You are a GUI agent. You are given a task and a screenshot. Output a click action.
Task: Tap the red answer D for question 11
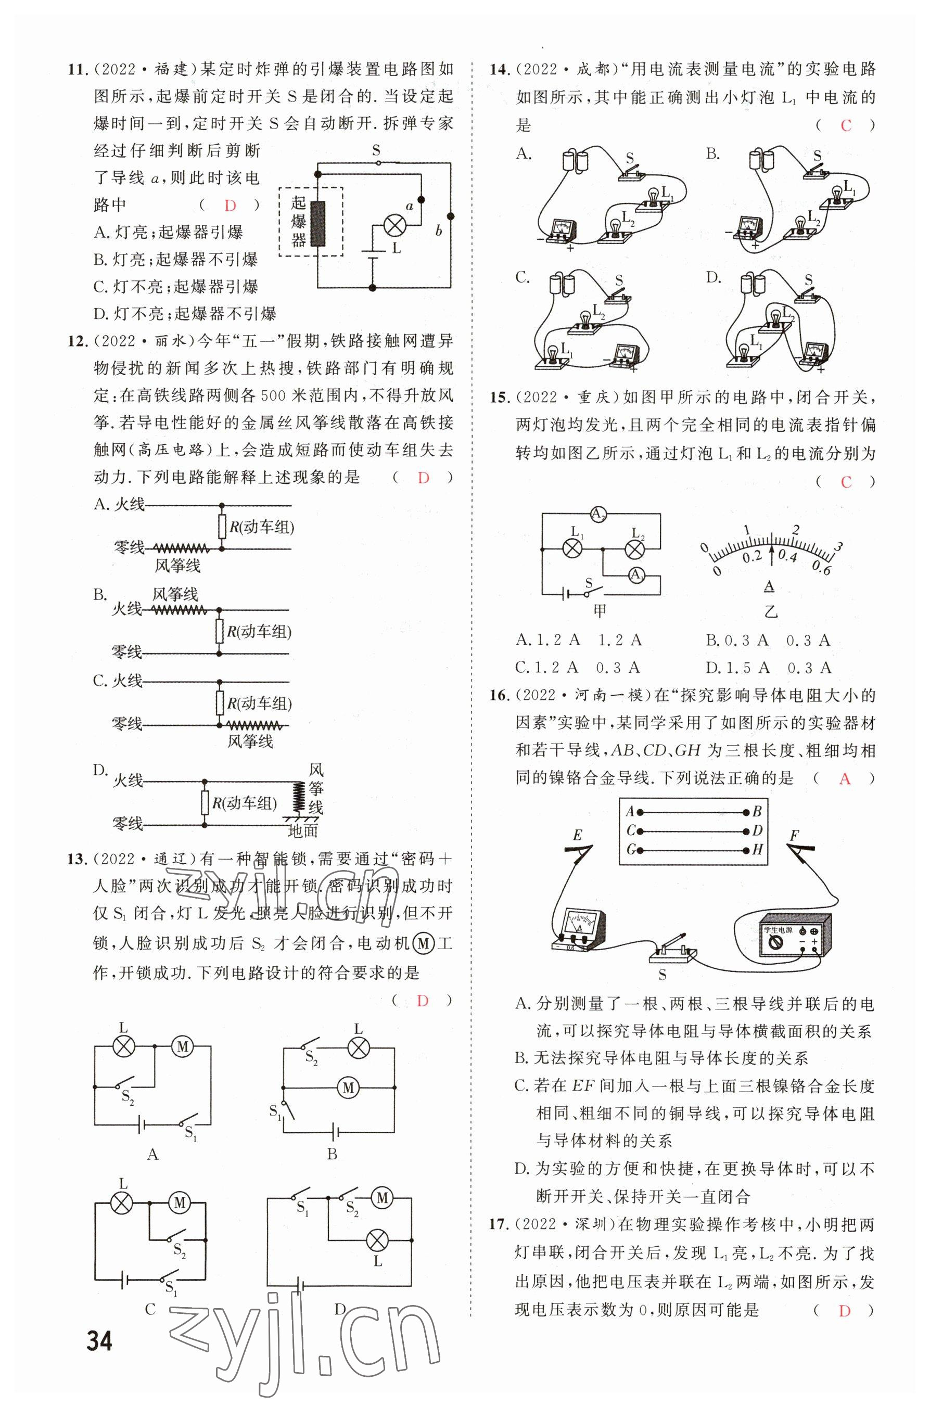point(230,206)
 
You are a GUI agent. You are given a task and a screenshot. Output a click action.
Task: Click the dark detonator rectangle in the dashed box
point(319,224)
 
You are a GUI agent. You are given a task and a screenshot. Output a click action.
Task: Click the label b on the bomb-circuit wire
point(438,231)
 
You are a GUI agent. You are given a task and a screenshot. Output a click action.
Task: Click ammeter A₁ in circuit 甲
point(636,574)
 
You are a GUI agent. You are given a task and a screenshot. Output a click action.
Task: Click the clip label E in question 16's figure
point(577,836)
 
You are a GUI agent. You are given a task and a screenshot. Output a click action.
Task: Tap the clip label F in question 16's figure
point(794,836)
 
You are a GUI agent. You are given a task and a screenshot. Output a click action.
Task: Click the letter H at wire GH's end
point(757,850)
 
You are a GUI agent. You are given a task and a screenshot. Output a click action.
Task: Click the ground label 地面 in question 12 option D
point(302,830)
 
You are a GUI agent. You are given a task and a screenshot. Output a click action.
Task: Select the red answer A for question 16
point(845,778)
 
